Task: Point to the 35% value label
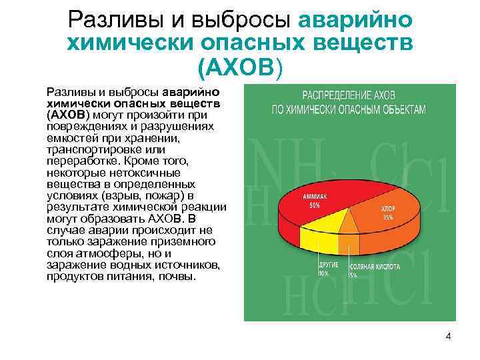(x=387, y=217)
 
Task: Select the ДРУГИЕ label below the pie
(x=323, y=265)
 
